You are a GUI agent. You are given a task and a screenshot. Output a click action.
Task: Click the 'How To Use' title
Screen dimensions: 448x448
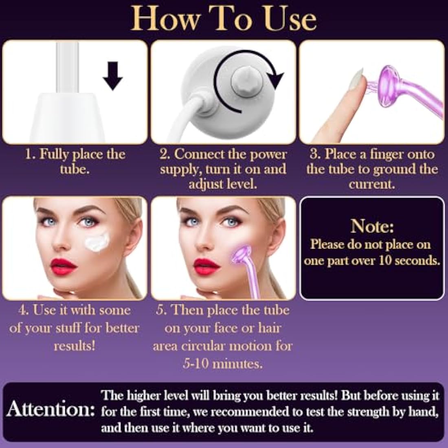coord(224,18)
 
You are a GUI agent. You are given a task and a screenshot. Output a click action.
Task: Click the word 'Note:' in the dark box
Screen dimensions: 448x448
coord(372,226)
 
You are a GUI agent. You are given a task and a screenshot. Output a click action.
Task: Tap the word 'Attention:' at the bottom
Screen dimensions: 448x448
coord(50,409)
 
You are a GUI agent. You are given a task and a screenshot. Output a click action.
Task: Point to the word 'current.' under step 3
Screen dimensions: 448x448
coord(372,184)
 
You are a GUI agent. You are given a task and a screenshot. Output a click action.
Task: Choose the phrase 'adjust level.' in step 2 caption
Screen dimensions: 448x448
coord(223,184)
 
